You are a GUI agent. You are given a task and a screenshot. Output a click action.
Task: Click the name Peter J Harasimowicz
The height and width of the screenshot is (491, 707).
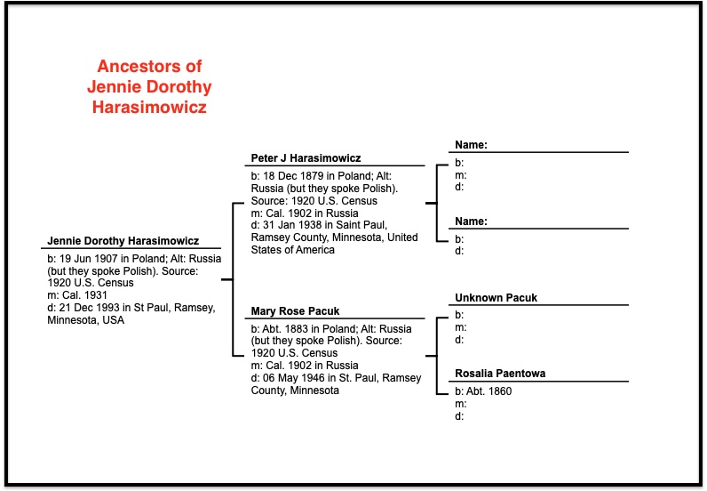pyautogui.click(x=306, y=158)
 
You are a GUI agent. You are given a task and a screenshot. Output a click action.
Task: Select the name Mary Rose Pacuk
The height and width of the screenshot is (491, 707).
pyautogui.click(x=296, y=311)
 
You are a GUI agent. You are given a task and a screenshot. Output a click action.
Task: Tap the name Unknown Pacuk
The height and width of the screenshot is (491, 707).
pyautogui.click(x=496, y=298)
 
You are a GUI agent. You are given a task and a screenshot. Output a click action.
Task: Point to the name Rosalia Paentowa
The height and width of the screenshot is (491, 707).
pyautogui.click(x=500, y=374)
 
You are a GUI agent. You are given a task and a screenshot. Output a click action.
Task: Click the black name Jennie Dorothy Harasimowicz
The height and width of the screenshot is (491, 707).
pyautogui.click(x=123, y=241)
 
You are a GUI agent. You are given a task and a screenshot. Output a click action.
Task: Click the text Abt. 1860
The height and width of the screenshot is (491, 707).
pyautogui.click(x=489, y=391)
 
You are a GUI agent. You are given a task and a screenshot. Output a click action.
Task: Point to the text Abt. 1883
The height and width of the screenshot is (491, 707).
pyautogui.click(x=285, y=329)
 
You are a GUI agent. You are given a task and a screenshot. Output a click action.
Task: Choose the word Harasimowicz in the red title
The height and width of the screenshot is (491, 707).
pyautogui.click(x=149, y=107)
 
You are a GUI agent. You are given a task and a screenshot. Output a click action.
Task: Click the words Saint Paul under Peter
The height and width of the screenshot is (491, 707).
pyautogui.click(x=364, y=225)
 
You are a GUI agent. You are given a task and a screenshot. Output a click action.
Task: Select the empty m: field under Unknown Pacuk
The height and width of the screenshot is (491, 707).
pyautogui.click(x=460, y=327)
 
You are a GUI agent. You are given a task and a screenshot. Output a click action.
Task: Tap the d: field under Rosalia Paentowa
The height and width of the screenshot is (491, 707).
pyautogui.click(x=459, y=416)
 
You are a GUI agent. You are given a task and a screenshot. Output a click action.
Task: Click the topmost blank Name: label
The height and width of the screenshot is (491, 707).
pyautogui.click(x=471, y=145)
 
